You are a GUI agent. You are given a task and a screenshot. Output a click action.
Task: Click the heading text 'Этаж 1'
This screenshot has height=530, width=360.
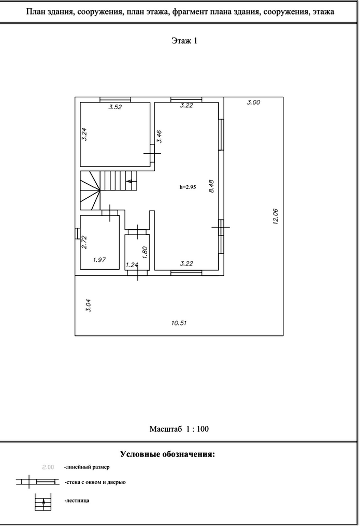pyautogui.click(x=184, y=41)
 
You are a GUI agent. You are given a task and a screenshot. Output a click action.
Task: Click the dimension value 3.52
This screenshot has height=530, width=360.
pyautogui.click(x=114, y=108)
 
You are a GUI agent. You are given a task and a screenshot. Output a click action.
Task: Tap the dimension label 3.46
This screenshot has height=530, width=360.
pyautogui.click(x=160, y=136)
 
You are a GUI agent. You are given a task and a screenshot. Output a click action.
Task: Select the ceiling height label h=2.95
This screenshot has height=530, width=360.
pyautogui.click(x=187, y=187)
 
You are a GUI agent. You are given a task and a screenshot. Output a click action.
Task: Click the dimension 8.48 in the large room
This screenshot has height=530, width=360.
pyautogui.click(x=211, y=186)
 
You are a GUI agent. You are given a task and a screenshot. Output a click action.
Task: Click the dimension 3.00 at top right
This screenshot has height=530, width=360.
pyautogui.click(x=253, y=102)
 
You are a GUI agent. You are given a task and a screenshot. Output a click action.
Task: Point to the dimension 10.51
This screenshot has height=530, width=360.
pyautogui.click(x=179, y=323)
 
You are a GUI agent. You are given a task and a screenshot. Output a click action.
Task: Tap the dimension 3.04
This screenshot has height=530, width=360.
pyautogui.click(x=88, y=306)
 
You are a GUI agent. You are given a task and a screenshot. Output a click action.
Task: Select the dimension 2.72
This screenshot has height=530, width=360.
pyautogui.click(x=84, y=242)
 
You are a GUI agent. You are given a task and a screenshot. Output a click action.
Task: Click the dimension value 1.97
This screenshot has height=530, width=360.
pyautogui.click(x=99, y=260)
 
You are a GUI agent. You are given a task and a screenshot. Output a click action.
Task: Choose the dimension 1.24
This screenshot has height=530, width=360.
pyautogui.click(x=132, y=265)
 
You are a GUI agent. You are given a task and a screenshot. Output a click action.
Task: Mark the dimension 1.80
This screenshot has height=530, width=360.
pyautogui.click(x=146, y=252)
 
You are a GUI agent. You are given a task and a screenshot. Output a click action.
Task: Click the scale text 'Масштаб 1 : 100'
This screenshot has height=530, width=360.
pyautogui.click(x=179, y=429)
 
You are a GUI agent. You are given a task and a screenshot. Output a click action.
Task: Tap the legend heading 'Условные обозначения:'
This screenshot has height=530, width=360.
pyautogui.click(x=167, y=454)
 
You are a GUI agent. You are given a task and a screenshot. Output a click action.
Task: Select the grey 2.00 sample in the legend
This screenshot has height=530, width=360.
pyautogui.click(x=47, y=467)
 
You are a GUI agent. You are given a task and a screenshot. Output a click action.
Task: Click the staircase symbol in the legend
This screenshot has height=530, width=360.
pyautogui.click(x=44, y=502)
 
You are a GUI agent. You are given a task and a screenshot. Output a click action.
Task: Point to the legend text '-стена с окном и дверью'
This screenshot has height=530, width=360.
pyautogui.click(x=95, y=482)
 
